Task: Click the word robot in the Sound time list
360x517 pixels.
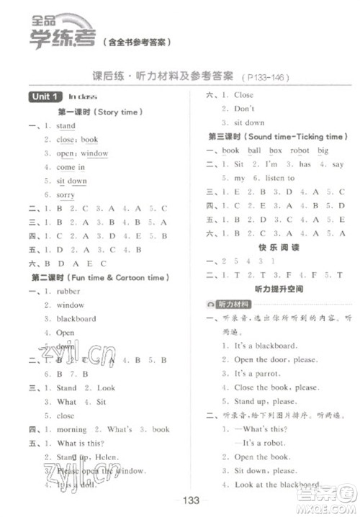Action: click(300, 150)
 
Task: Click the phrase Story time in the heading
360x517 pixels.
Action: click(117, 112)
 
